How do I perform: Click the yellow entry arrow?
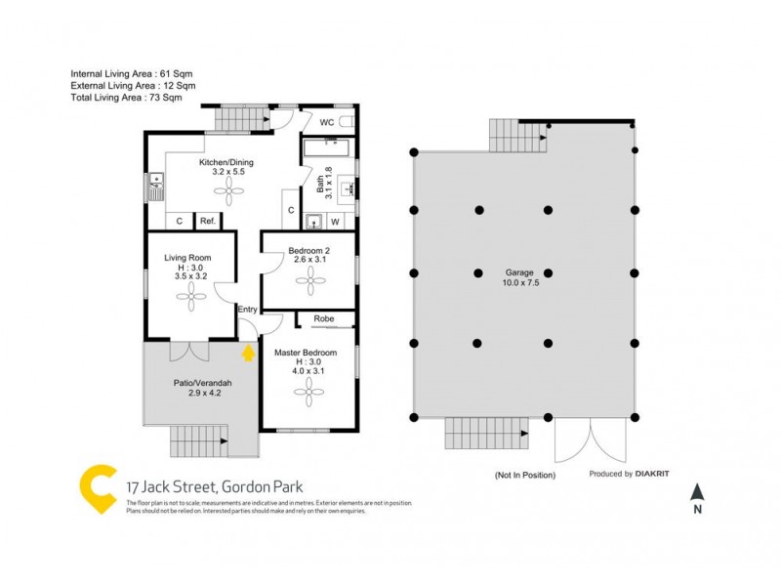pyautogui.click(x=248, y=352)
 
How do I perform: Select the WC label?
pyautogui.click(x=329, y=123)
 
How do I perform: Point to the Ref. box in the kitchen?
pyautogui.click(x=207, y=222)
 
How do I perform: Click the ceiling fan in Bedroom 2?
pyautogui.click(x=310, y=282)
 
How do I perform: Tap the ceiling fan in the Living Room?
pyautogui.click(x=185, y=299)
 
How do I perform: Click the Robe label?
pyautogui.click(x=324, y=318)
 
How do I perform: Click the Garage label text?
pyautogui.click(x=517, y=273)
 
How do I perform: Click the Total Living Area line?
pyautogui.click(x=126, y=98)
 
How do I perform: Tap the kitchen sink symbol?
pyautogui.click(x=155, y=186)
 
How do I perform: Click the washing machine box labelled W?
pyautogui.click(x=335, y=222)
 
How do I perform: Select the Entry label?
pyautogui.click(x=248, y=310)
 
